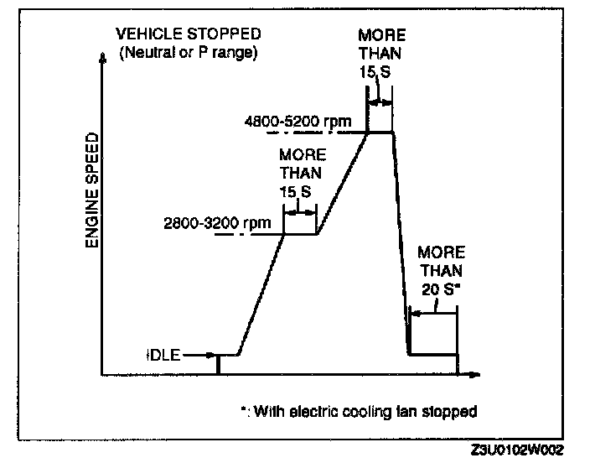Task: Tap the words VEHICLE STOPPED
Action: [x=188, y=34]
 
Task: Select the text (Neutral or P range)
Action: [x=189, y=53]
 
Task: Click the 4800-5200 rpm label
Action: [x=298, y=122]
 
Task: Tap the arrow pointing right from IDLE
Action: [x=199, y=355]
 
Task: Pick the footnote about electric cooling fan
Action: [x=358, y=412]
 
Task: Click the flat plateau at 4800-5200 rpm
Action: [x=381, y=132]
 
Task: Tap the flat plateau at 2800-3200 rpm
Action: [x=300, y=234]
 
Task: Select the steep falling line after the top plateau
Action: [x=401, y=243]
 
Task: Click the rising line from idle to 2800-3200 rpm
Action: [x=261, y=294]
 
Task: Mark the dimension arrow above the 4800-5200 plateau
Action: [x=381, y=101]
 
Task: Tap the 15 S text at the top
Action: [x=381, y=73]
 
